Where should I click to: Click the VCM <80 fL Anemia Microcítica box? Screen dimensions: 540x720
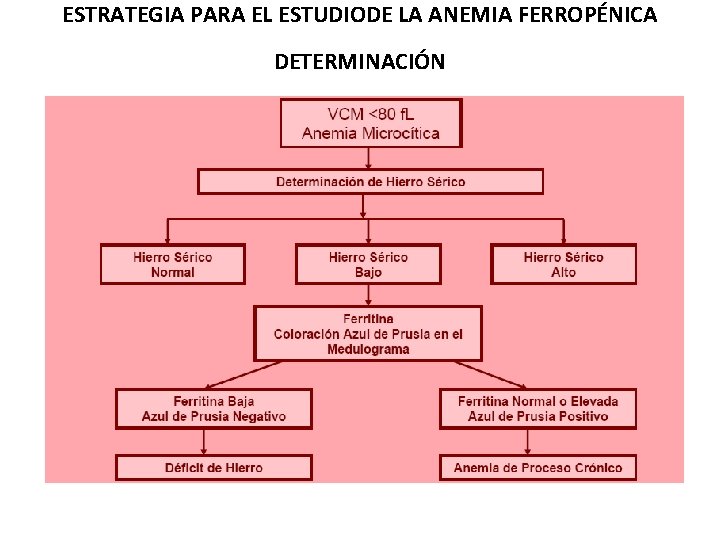point(370,122)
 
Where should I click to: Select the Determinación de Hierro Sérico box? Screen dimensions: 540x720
point(370,182)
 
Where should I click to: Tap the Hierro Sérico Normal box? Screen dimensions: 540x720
point(172,264)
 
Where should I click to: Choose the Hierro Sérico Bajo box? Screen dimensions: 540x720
point(368,264)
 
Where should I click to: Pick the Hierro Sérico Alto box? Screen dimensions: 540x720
point(563,264)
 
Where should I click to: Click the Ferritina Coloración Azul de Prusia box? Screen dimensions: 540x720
point(368,334)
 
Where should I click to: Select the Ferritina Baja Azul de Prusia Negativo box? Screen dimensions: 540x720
point(214,408)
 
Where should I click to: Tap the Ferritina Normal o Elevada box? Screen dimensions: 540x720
point(538,408)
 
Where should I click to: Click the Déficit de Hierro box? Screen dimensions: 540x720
point(214,467)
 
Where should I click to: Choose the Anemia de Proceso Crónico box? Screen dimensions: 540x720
point(538,467)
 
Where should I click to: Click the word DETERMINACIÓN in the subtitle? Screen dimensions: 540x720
point(360,62)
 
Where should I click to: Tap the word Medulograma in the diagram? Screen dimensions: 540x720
point(368,350)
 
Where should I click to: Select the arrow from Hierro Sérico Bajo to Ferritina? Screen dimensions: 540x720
point(369,295)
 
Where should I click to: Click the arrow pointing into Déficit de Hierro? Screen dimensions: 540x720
point(203,441)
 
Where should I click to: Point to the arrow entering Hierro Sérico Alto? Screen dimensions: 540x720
point(563,230)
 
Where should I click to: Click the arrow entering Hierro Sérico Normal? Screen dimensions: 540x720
point(167,230)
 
